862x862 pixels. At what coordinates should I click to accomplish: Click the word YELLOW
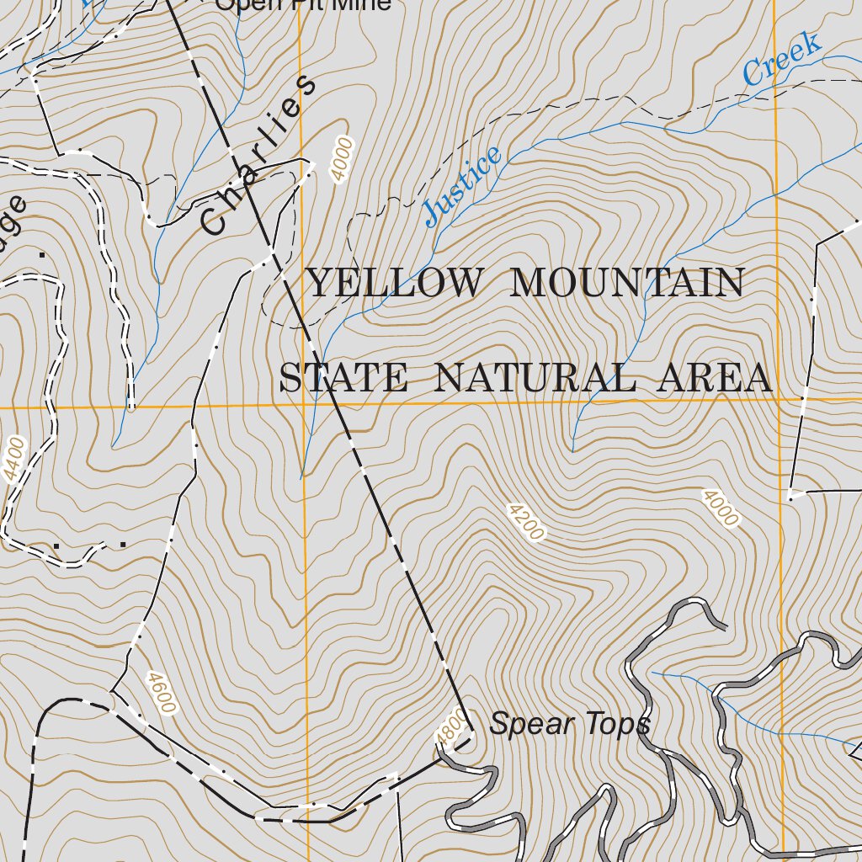click(x=395, y=284)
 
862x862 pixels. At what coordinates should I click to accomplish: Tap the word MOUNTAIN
click(x=627, y=284)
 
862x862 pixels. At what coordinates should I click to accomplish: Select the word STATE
click(x=343, y=379)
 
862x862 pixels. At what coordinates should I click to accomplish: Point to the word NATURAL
click(x=534, y=379)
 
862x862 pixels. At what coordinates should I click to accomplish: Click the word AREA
click(x=714, y=379)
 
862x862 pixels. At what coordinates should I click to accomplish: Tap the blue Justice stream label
click(x=463, y=186)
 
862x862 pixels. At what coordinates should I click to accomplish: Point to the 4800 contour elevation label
click(x=450, y=726)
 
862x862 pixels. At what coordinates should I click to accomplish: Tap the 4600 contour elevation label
click(x=161, y=692)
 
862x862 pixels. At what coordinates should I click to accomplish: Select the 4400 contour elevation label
click(x=14, y=459)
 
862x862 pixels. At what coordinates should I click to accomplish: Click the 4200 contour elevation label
click(x=526, y=521)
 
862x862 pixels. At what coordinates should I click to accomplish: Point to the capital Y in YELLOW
click(x=320, y=284)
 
